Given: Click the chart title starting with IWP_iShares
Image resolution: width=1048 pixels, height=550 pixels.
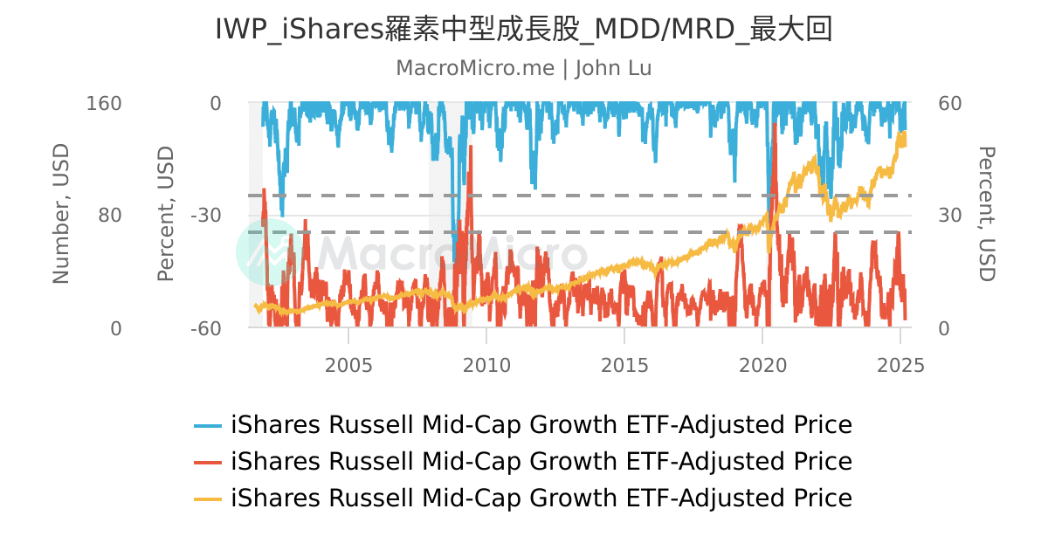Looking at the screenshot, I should (x=523, y=30).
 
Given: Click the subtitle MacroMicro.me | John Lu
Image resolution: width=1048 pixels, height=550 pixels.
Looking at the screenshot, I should (x=523, y=68).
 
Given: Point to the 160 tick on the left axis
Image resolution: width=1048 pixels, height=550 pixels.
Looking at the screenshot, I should (x=104, y=103).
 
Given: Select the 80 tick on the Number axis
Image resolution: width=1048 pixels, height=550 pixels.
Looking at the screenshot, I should (x=110, y=216).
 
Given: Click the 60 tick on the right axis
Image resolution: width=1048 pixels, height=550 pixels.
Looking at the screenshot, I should (x=949, y=103).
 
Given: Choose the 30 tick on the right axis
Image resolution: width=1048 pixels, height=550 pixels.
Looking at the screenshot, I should (x=949, y=216).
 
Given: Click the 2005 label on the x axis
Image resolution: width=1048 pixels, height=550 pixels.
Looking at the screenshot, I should (x=348, y=365).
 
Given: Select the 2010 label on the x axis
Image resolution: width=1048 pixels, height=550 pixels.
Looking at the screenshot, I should (x=486, y=365).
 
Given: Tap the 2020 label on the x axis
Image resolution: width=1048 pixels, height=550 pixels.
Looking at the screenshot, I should (x=762, y=365).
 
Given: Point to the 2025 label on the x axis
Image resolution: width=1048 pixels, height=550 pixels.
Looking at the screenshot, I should (x=900, y=365).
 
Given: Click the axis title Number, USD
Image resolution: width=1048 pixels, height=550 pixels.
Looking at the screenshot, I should (x=60, y=215).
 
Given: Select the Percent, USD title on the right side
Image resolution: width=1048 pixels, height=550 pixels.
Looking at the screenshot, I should (x=985, y=215).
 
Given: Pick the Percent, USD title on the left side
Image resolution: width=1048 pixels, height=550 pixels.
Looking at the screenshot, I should (x=166, y=215).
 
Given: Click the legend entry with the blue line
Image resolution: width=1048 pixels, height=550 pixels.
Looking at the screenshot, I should (x=522, y=425).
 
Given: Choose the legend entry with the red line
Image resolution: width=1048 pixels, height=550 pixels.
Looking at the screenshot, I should (x=522, y=461).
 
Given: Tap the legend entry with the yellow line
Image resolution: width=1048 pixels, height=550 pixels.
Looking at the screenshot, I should (x=522, y=498).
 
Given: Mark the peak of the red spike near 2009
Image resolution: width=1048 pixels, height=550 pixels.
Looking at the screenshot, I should (x=471, y=147).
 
